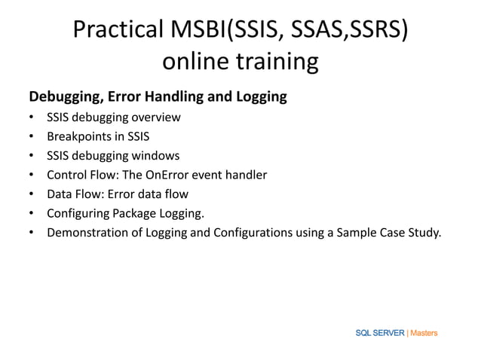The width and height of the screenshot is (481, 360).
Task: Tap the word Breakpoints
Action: pos(81,136)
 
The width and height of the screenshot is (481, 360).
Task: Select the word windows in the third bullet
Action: pos(155,156)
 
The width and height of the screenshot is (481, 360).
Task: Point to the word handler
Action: pos(245,175)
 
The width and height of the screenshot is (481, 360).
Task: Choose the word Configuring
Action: pos(78,213)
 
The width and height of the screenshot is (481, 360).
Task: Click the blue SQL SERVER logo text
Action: pos(380,333)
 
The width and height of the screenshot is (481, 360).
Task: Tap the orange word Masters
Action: pos(423,333)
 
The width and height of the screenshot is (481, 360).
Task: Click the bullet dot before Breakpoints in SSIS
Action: pos(31,137)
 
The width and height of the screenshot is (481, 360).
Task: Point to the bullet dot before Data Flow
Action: pos(31,194)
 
